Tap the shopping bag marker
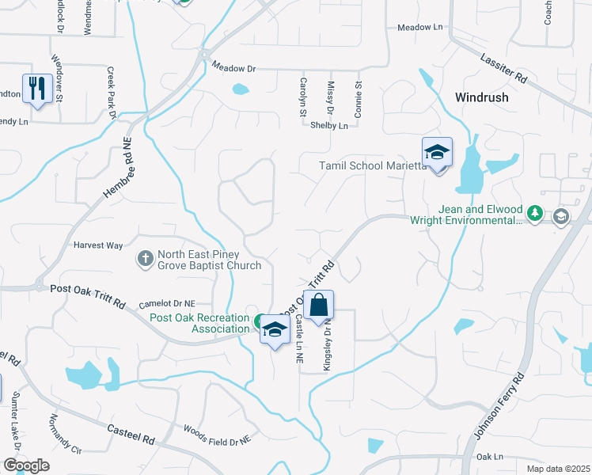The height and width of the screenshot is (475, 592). pyautogui.click(x=318, y=306)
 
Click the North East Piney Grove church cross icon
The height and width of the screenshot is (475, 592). pyautogui.click(x=146, y=259)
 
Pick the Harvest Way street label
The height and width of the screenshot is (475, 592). pyautogui.click(x=98, y=245)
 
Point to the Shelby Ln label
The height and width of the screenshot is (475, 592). pyautogui.click(x=328, y=126)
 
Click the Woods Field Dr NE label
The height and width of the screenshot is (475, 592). pyautogui.click(x=216, y=434)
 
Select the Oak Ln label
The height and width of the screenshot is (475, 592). pyautogui.click(x=489, y=457)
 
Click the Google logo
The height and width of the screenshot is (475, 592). pyautogui.click(x=26, y=465)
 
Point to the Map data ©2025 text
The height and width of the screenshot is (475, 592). pyautogui.click(x=558, y=469)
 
